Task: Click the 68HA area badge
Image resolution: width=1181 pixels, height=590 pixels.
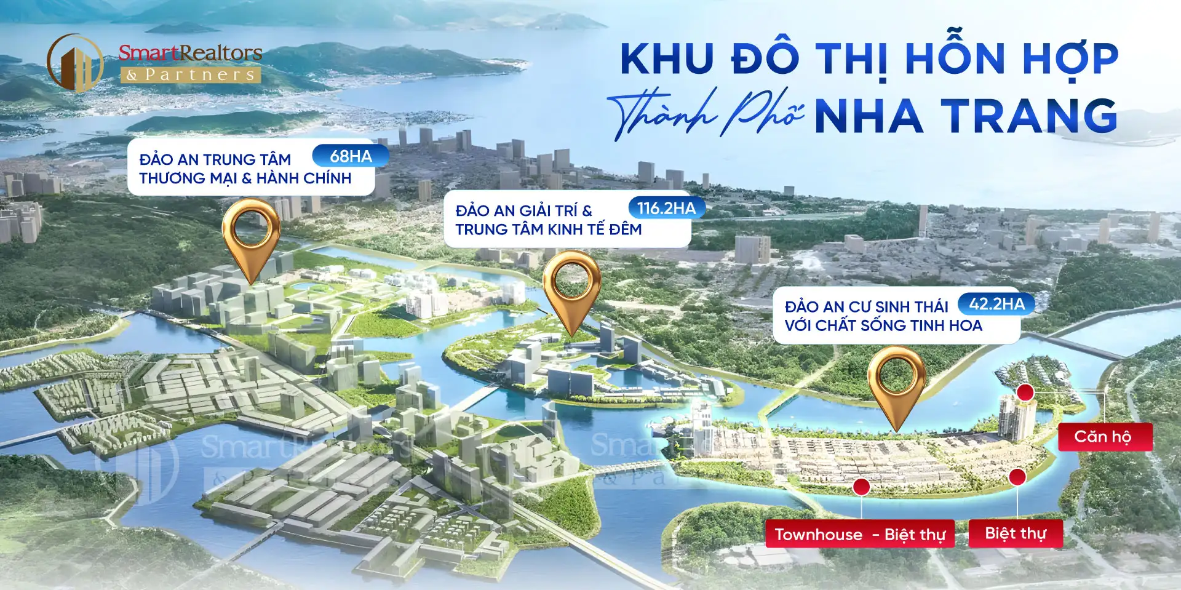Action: click(x=351, y=156)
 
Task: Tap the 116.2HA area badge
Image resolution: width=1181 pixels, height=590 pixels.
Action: click(x=666, y=208)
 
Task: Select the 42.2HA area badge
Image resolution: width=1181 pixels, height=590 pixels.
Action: click(x=996, y=303)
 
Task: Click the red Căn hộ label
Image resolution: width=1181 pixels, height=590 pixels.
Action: click(x=1105, y=437)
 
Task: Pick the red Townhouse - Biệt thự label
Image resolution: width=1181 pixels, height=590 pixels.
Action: click(x=859, y=534)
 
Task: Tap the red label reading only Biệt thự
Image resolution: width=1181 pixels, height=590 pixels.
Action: click(x=1016, y=533)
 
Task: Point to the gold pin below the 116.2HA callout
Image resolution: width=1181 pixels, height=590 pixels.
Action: click(x=572, y=287)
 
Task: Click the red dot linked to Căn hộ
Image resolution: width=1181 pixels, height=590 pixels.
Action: click(x=1025, y=392)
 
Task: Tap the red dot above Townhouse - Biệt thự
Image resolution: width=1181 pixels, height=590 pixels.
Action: click(x=861, y=487)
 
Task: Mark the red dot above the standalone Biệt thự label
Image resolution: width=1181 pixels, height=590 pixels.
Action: click(x=1017, y=476)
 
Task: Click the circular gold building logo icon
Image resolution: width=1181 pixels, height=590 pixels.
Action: click(x=75, y=63)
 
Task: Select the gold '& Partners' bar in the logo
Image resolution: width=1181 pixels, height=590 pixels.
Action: click(x=191, y=75)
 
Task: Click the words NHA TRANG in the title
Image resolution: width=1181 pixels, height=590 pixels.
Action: click(x=965, y=116)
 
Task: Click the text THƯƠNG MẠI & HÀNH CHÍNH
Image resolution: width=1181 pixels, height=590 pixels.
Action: click(x=245, y=178)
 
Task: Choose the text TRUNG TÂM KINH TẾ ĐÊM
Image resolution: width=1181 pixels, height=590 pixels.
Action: click(x=548, y=229)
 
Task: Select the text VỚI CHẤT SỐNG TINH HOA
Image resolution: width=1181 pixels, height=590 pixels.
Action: click(x=883, y=325)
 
